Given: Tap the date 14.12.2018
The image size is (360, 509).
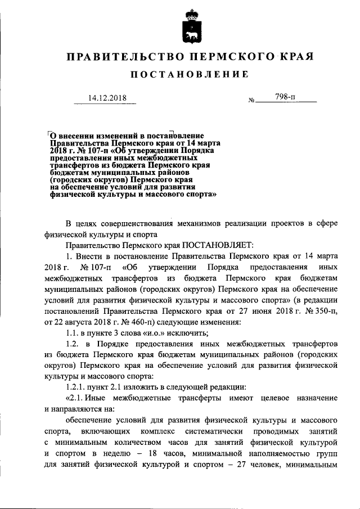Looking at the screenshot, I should (107, 98).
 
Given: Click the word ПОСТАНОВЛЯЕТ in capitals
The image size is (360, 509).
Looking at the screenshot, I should (218, 245).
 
